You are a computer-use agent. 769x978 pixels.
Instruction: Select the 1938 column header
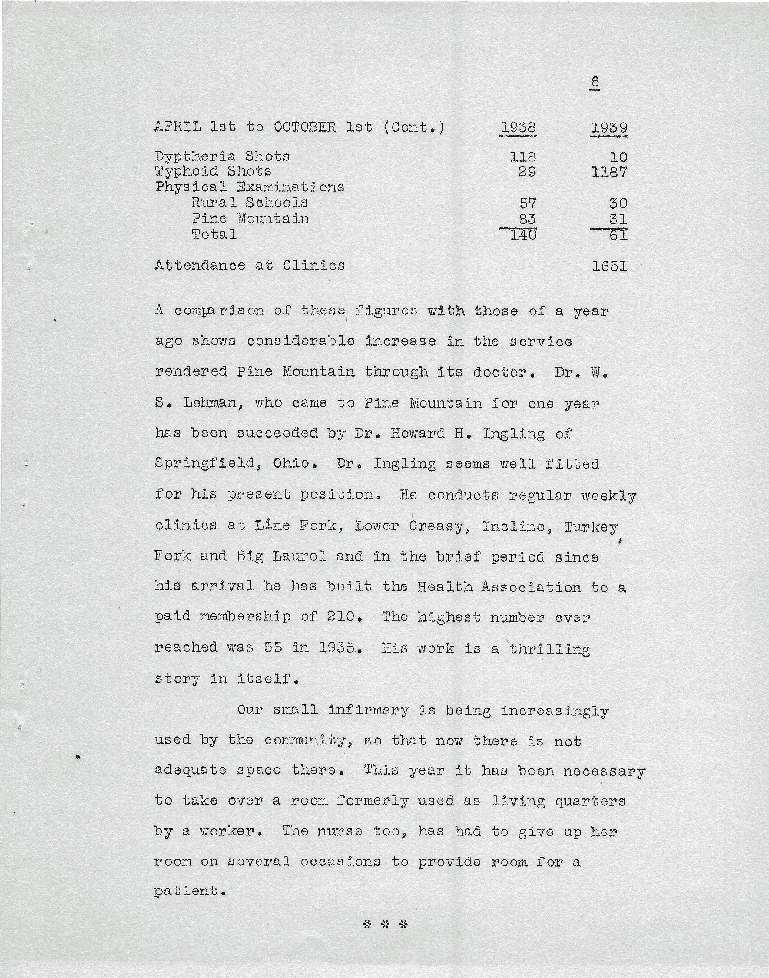click(518, 128)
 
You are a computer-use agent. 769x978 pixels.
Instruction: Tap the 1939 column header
click(609, 128)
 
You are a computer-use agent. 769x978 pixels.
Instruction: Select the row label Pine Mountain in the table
click(250, 219)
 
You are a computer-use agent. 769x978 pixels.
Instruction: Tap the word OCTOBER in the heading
click(305, 127)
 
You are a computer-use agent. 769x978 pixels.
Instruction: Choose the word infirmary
click(368, 710)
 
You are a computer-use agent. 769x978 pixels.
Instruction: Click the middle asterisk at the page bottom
click(385, 924)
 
